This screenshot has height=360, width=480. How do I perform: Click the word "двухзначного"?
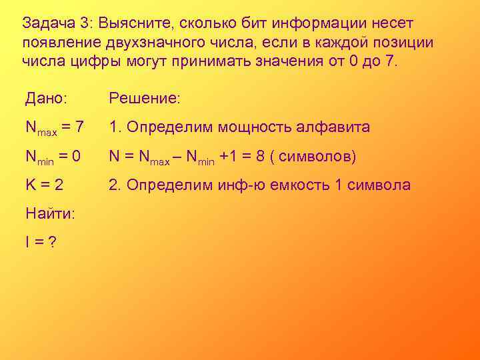tap(179, 43)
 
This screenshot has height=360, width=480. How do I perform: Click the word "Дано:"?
tap(46, 99)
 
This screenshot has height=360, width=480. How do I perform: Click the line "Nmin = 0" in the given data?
tap(53, 157)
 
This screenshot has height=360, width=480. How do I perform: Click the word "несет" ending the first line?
tap(393, 24)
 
